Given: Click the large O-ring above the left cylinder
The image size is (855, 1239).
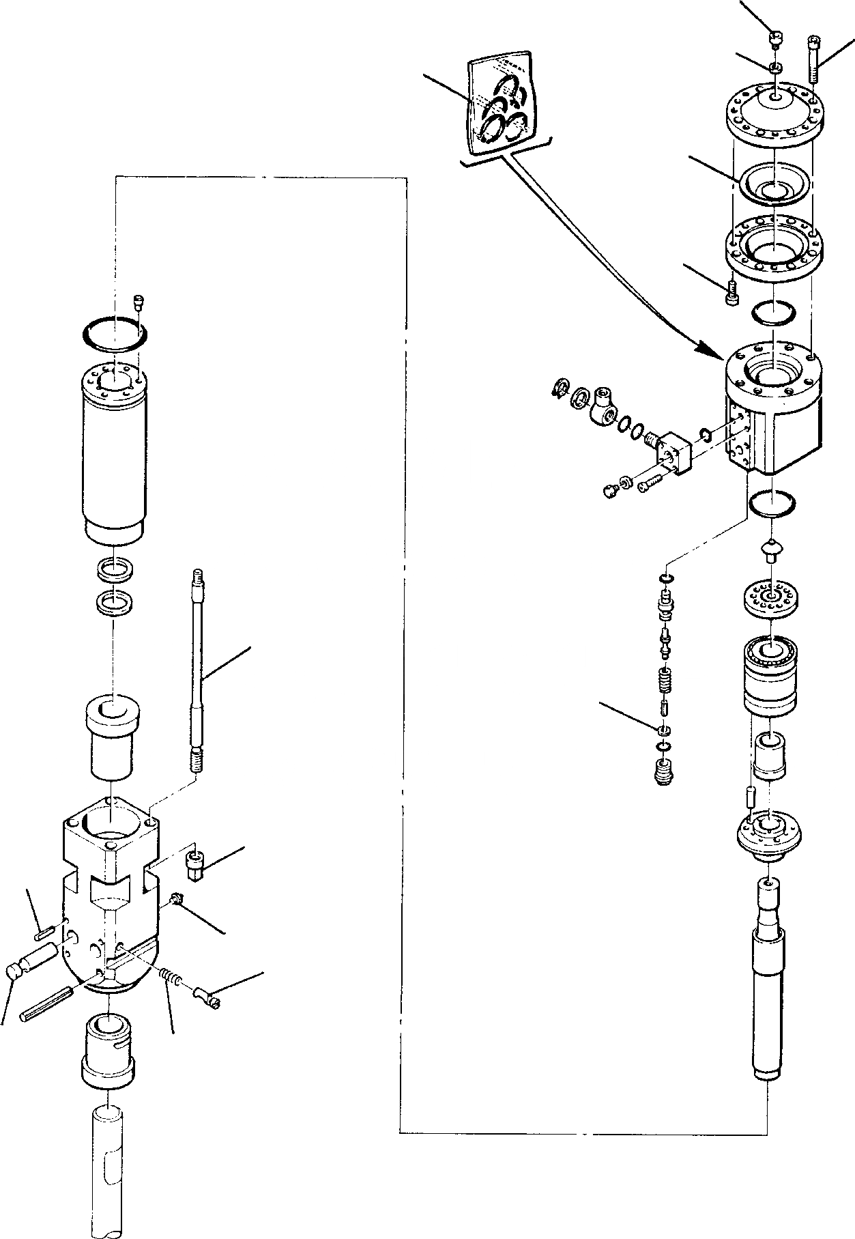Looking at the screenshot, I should coord(114,334).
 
